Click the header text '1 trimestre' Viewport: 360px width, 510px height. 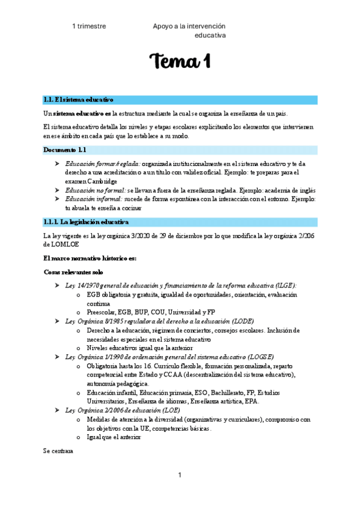89,26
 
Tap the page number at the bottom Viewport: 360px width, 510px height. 180,476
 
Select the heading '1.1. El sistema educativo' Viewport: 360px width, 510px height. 78,100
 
